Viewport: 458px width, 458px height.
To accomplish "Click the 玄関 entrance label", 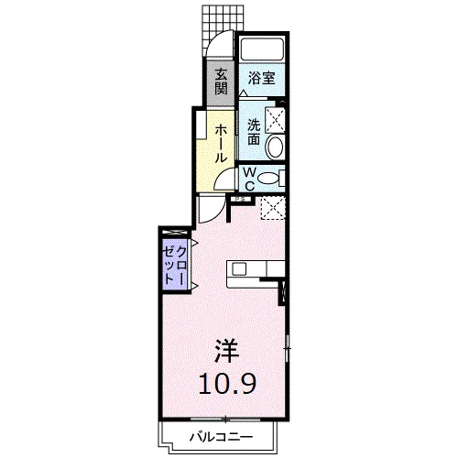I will pos(221,82).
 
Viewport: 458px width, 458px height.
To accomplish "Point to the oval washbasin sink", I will pos(274,147).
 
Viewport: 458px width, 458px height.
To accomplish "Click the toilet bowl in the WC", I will pos(267,179).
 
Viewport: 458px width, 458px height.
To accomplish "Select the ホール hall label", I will pos(222,142).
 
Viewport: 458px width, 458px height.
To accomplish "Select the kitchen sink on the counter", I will pos(239,268).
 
